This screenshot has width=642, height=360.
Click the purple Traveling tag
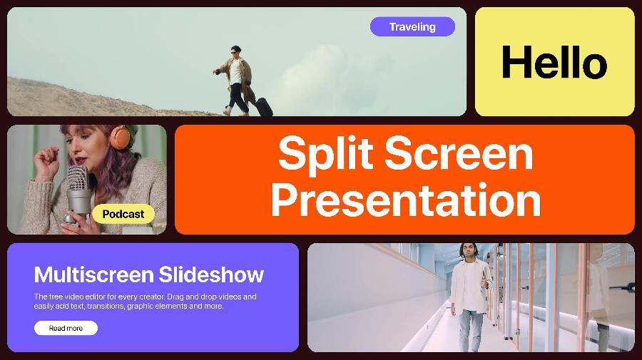pos(412,26)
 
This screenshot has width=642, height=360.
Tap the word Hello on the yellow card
pos(554,62)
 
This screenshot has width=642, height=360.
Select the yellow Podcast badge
pos(123,214)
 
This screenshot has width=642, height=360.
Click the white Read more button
pos(66,328)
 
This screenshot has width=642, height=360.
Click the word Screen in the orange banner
pos(459,153)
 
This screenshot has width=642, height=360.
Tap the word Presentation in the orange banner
pos(406,200)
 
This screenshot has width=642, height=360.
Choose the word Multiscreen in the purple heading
pos(93,274)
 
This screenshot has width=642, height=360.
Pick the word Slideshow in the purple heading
pos(211,274)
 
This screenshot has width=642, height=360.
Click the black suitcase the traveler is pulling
pos(264,107)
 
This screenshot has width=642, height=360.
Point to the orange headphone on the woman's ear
pos(120,137)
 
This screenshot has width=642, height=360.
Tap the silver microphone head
pos(77,179)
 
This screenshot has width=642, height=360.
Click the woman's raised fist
pos(46,158)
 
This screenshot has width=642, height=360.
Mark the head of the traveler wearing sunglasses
pos(235,51)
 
